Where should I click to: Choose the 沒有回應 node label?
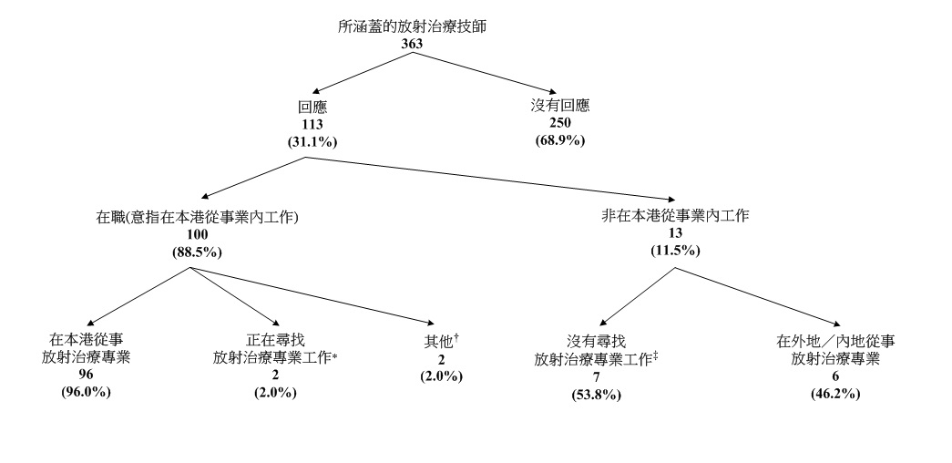tap(560, 106)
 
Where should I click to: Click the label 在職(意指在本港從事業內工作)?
tap(198, 218)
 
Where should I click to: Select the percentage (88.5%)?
tap(198, 252)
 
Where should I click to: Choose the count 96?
tap(87, 375)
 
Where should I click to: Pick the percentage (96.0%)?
tap(87, 392)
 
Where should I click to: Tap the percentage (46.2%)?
tap(835, 393)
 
